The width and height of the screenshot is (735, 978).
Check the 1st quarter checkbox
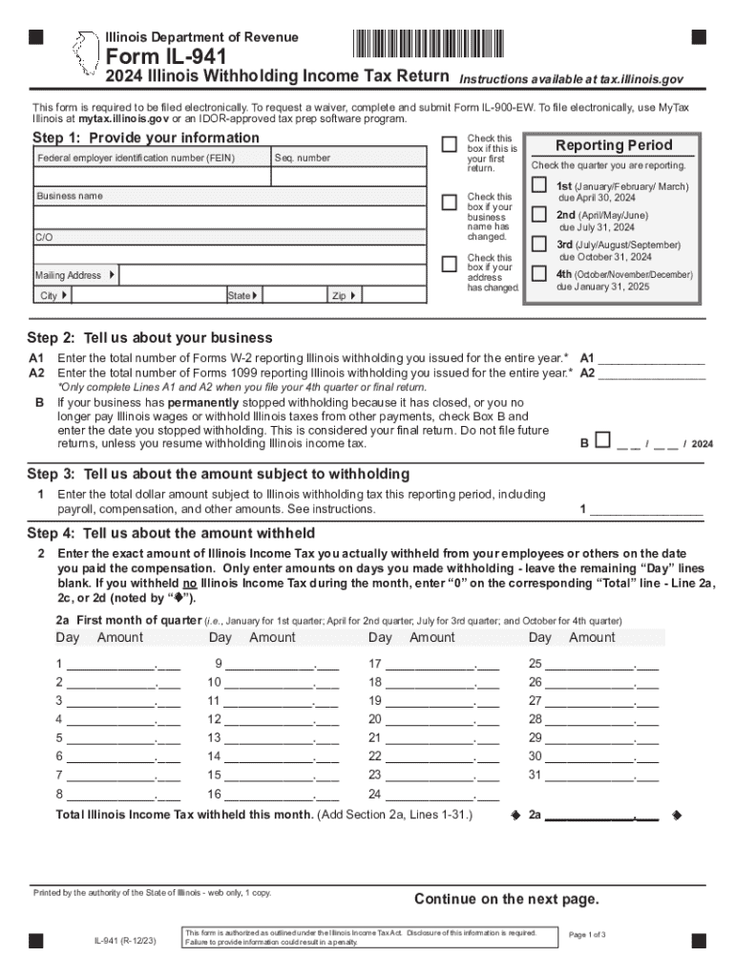539,183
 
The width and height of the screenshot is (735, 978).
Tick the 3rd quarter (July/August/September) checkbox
539,246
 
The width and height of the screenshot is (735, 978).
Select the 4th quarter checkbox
539,275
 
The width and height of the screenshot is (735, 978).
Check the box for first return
449,144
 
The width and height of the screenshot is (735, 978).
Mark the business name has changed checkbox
449,202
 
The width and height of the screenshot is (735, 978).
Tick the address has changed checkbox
449,264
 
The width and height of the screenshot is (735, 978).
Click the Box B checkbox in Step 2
601,440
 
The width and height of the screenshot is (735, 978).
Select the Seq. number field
348,177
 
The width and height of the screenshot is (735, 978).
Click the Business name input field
229,217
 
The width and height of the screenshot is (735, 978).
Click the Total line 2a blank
600,817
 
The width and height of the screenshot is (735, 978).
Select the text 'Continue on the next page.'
506,899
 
